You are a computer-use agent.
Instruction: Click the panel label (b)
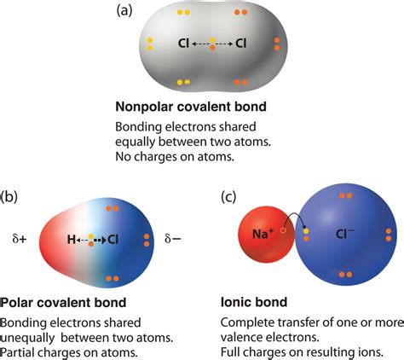11,196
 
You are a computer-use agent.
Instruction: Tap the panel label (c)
228,196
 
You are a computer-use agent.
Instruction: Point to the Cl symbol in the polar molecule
113,241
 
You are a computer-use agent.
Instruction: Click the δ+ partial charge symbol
18,241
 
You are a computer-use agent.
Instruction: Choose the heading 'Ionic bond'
251,302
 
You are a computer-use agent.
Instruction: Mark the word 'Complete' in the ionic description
247,322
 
